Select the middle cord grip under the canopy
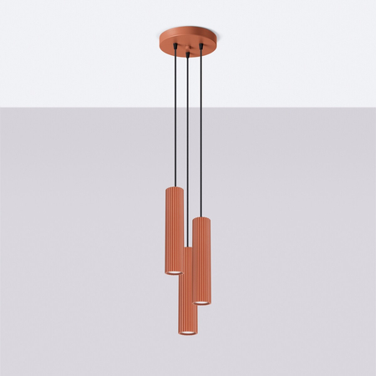pos(188,53)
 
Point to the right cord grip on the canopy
pos(201,48)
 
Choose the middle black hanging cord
pos(188,167)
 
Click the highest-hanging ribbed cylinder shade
pos(174,230)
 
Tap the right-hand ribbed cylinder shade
pos(202,259)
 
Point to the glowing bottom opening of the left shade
pos(174,271)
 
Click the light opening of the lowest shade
pos(187,332)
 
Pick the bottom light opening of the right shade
pos(202,301)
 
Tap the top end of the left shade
pos(174,189)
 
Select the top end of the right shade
pos(201,219)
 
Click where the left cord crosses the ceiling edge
pos(174,107)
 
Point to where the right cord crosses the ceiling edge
pos(201,107)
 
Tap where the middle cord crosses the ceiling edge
pos(188,107)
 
